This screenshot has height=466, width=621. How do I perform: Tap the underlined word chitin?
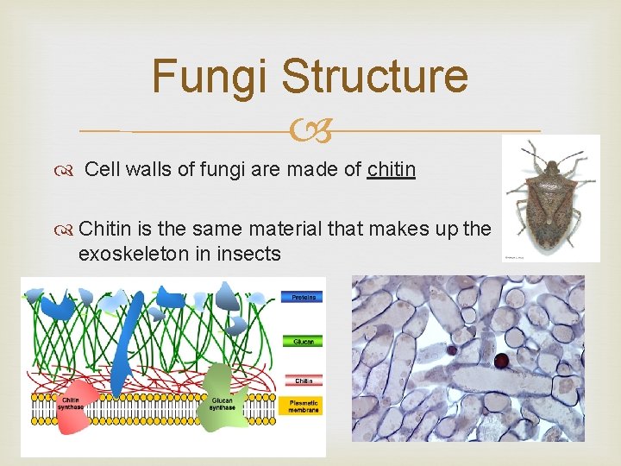click(391, 170)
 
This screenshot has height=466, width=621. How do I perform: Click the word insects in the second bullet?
click(250, 254)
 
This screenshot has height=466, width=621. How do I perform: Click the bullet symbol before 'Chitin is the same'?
click(68, 230)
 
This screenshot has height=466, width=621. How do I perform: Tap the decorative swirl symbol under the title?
click(310, 131)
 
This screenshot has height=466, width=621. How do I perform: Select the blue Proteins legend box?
click(303, 297)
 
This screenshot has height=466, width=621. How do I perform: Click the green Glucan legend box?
click(303, 341)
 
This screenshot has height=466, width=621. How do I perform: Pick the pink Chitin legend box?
click(303, 380)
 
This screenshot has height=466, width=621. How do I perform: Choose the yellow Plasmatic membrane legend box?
click(303, 406)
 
